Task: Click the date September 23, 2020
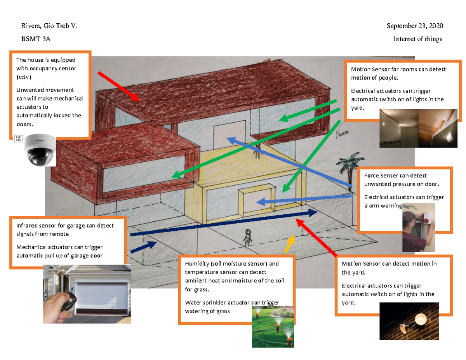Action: coord(415,26)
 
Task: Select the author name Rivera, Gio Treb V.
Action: coord(49,26)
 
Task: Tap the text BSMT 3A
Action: coord(36,39)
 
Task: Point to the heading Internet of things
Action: coord(418,39)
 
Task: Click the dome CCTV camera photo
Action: coord(40,150)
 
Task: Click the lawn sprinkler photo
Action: coord(273,326)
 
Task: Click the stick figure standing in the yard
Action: coord(248,238)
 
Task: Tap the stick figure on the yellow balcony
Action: coord(257,151)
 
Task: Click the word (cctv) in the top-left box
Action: coord(24,77)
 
